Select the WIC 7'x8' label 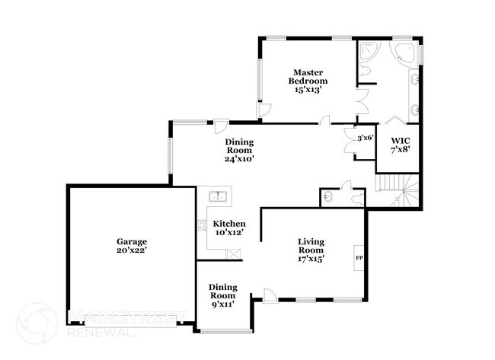[x=401, y=145]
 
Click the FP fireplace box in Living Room [x=359, y=258]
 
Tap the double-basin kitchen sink [x=219, y=196]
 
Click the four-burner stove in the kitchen [x=202, y=225]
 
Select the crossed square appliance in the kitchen [x=235, y=253]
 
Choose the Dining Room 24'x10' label [x=239, y=151]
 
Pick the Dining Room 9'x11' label [x=223, y=295]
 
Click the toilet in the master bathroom [x=366, y=72]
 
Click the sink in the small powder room [x=326, y=197]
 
